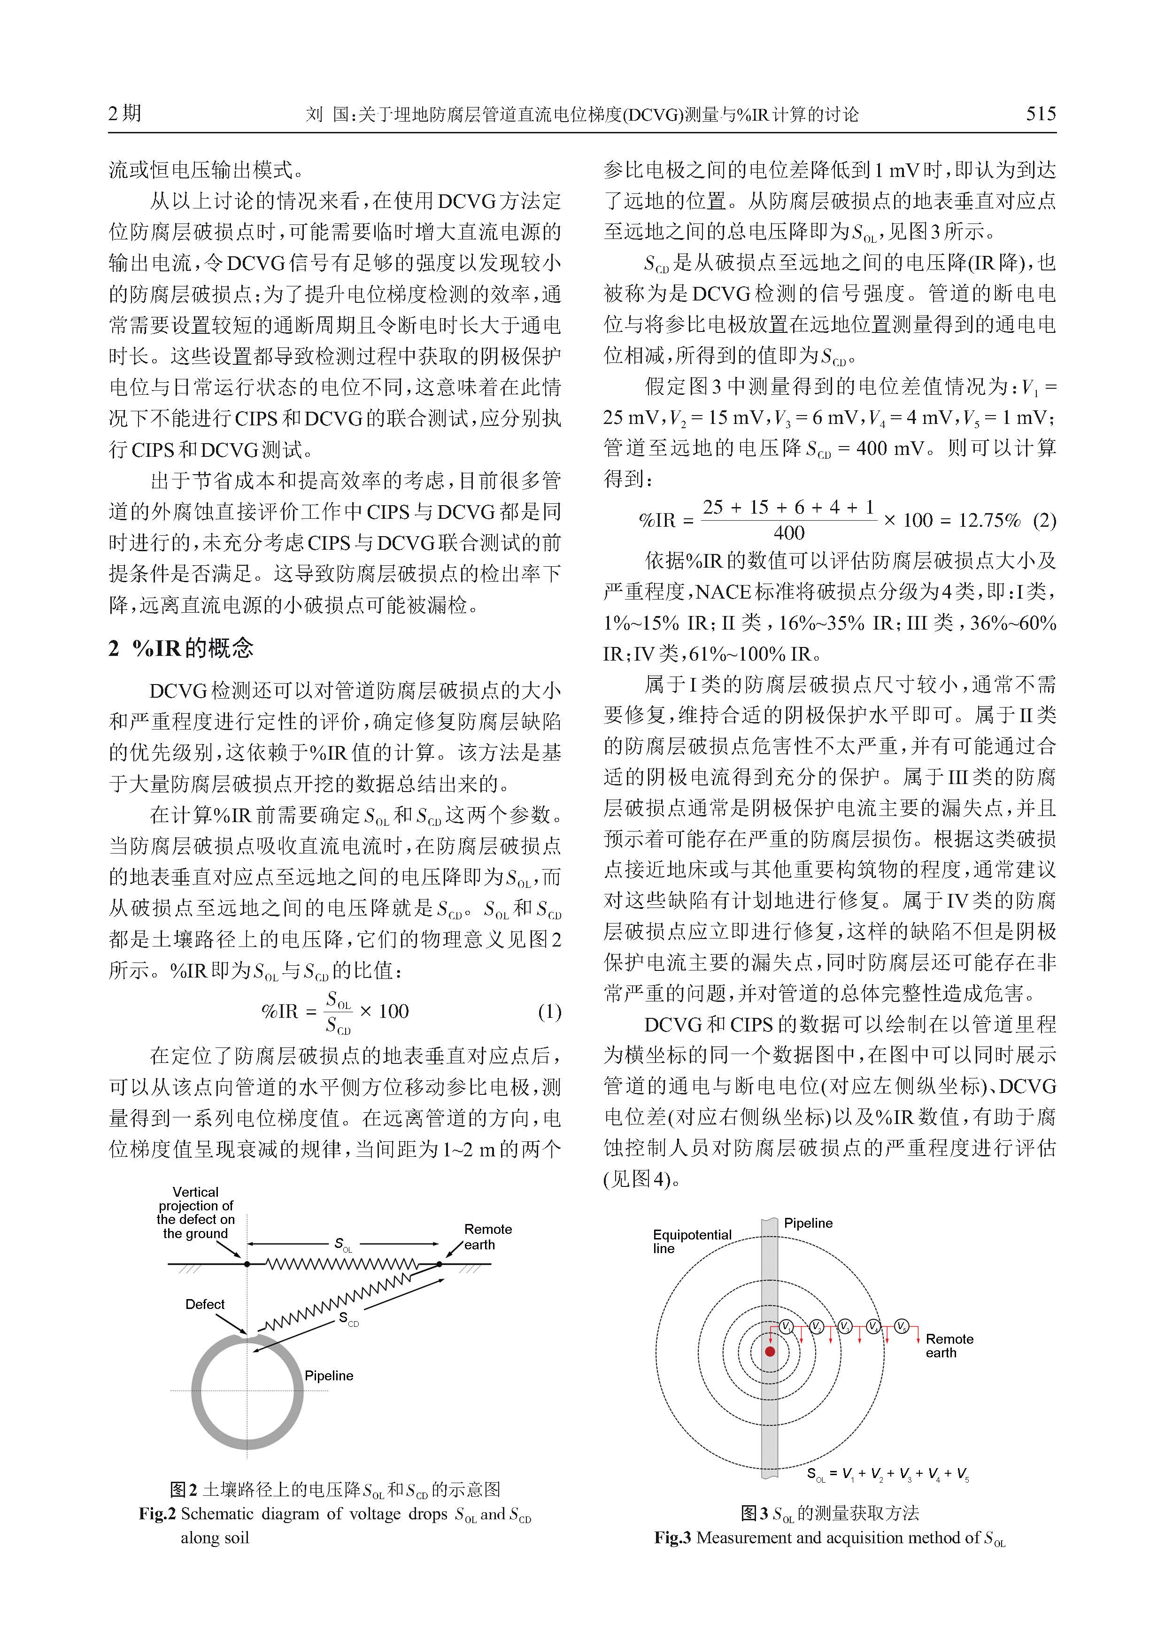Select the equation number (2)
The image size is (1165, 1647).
click(x=1044, y=520)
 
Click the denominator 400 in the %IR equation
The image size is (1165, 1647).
click(x=788, y=533)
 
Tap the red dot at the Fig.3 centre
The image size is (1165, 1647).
click(x=770, y=1352)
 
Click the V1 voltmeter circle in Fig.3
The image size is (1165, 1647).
click(x=786, y=1326)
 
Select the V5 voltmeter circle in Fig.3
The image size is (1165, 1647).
click(x=902, y=1326)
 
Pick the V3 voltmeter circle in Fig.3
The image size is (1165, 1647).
click(x=844, y=1326)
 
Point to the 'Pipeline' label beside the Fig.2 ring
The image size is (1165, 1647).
click(x=329, y=1375)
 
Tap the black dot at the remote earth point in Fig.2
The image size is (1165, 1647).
click(x=440, y=1264)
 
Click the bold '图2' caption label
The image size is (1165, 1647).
click(x=184, y=1490)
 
